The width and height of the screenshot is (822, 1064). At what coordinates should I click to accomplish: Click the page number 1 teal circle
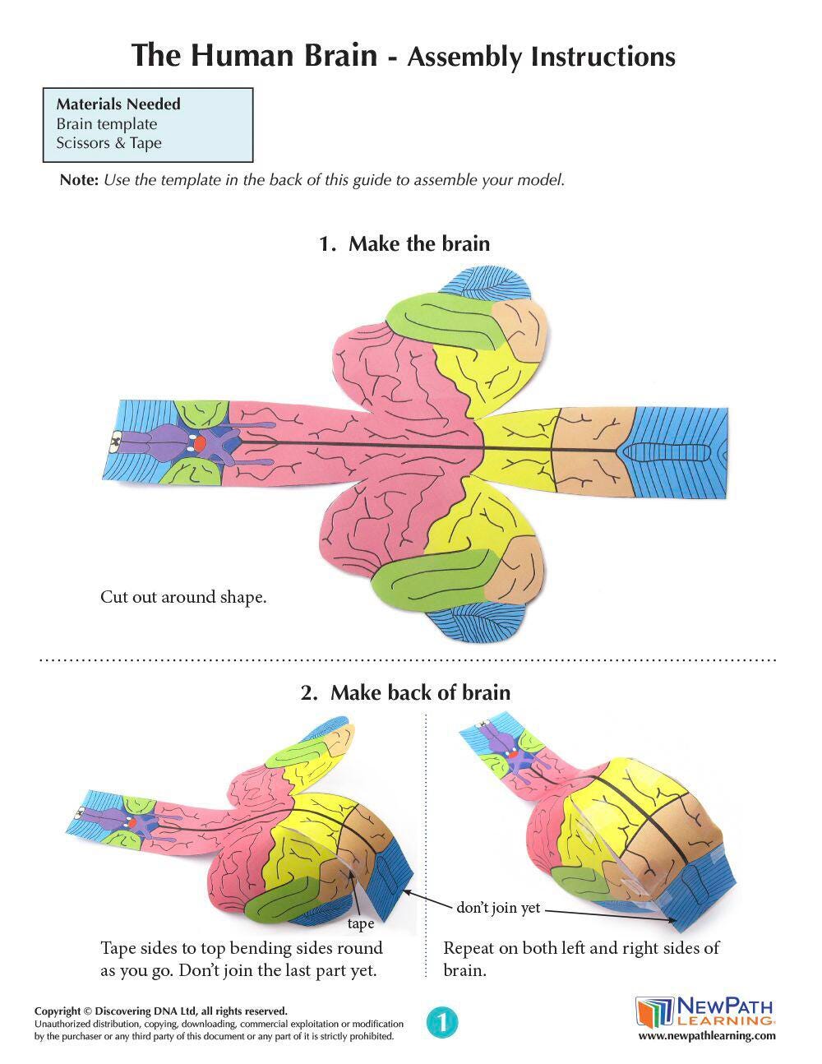tap(442, 1023)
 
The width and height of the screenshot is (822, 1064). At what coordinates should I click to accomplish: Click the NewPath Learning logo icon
tap(654, 1011)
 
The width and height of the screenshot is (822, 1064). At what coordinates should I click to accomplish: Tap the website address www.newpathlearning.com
tap(706, 1036)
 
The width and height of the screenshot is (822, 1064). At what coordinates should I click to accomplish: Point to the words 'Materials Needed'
tap(118, 104)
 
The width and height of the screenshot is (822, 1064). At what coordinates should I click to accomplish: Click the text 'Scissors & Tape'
tap(109, 143)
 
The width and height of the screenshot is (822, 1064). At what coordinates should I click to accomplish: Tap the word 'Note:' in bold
tap(79, 180)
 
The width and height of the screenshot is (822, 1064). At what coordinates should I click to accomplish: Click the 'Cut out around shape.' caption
tap(183, 597)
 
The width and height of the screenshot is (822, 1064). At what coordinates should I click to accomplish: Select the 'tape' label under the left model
tap(360, 923)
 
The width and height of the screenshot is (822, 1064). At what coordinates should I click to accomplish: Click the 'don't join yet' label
tap(498, 908)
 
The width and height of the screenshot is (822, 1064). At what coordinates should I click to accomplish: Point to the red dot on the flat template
tap(200, 442)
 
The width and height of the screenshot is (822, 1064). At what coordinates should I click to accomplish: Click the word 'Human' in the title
tap(244, 56)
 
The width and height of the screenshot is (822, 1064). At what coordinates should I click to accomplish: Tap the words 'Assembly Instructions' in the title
tap(541, 57)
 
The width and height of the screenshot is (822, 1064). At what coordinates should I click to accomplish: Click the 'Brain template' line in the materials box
tap(106, 124)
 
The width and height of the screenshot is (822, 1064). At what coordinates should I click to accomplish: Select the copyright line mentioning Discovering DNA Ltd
tap(161, 1011)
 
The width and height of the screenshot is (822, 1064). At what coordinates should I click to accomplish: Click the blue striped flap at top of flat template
tap(484, 284)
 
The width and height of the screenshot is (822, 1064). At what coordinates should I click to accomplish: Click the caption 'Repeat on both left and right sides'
tap(581, 948)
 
